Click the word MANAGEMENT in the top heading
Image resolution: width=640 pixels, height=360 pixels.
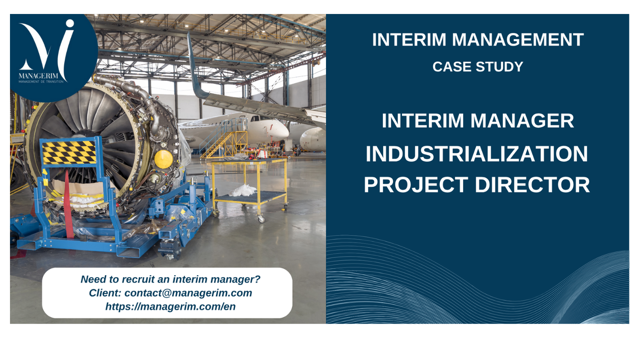point(518,40)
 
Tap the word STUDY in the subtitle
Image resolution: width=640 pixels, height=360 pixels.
point(500,67)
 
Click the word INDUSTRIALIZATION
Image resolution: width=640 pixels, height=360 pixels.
point(477,154)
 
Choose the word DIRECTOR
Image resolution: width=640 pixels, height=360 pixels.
point(532,185)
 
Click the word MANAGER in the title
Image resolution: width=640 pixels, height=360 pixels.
point(522,121)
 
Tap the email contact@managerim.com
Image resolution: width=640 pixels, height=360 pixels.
point(188,293)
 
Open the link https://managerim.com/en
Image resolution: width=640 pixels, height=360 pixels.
point(170,306)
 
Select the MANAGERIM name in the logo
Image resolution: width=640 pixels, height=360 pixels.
point(38,76)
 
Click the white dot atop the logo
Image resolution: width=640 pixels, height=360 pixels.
point(70,23)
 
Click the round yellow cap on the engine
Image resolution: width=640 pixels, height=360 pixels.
point(164,159)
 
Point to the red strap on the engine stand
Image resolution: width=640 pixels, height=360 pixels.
point(68,204)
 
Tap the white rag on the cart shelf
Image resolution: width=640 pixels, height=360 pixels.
point(242,190)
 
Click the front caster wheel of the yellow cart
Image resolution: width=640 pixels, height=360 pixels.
point(260,219)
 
